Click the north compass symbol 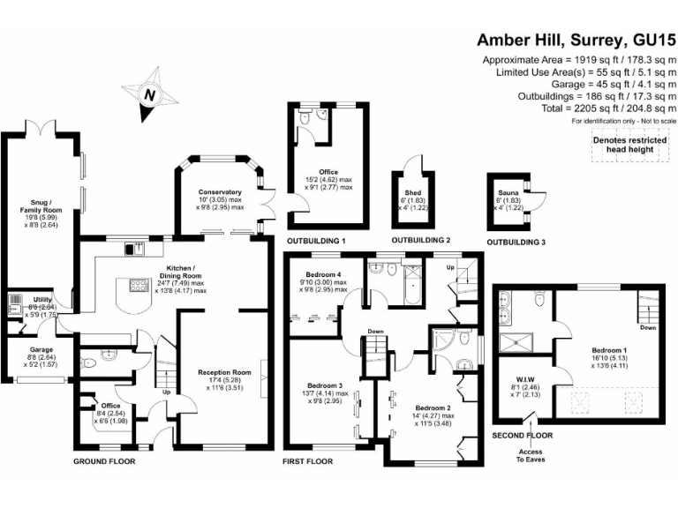coord(149,95)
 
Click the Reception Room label coord(224,373)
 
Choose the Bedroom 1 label coord(610,349)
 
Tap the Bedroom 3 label coord(327,385)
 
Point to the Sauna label coord(507,192)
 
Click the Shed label coord(413,192)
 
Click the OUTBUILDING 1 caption coord(316,241)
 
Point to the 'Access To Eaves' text coord(531,456)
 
